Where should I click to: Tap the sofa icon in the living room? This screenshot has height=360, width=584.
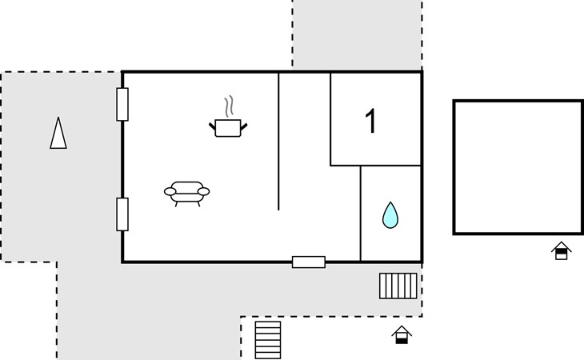pyautogui.click(x=186, y=193)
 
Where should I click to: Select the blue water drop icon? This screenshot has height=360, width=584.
pyautogui.click(x=390, y=215)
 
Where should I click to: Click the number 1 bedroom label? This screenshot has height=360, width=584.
pyautogui.click(x=371, y=121)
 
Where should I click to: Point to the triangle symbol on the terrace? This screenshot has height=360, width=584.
pyautogui.click(x=58, y=134)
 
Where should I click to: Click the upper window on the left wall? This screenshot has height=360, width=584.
pyautogui.click(x=122, y=104)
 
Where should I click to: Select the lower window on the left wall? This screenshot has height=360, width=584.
pyautogui.click(x=122, y=214)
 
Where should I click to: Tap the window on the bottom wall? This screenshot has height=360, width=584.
pyautogui.click(x=309, y=262)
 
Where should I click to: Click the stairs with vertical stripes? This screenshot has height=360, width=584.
pyautogui.click(x=398, y=286)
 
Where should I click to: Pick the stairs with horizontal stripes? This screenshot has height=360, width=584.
pyautogui.click(x=268, y=340)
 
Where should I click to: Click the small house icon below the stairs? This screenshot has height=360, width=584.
pyautogui.click(x=402, y=335)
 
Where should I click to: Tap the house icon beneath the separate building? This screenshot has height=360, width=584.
pyautogui.click(x=562, y=250)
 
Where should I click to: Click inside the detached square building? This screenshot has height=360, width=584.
pyautogui.click(x=518, y=167)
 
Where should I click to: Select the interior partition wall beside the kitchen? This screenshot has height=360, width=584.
pyautogui.click(x=278, y=142)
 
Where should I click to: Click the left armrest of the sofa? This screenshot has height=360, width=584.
pyautogui.click(x=170, y=191)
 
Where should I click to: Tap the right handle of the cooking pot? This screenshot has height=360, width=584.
pyautogui.click(x=244, y=127)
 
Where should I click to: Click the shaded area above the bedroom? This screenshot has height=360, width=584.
pyautogui.click(x=357, y=34)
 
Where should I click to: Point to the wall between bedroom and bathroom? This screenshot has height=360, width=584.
pyautogui.click(x=375, y=166)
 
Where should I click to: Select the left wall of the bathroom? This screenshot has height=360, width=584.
pyautogui.click(x=361, y=214)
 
